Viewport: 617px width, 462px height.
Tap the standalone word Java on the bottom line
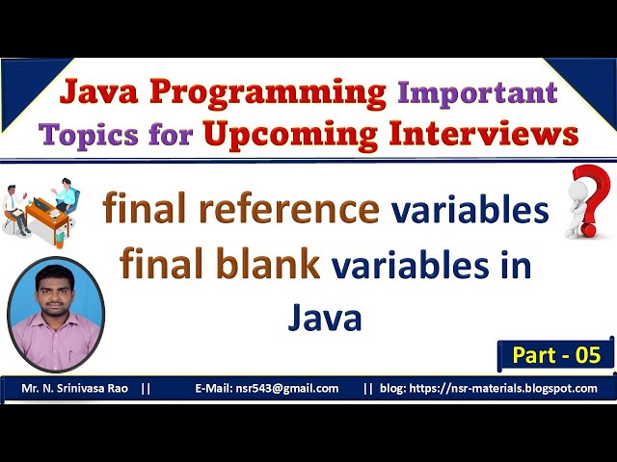pyautogui.click(x=325, y=317)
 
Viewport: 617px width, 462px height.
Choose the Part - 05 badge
pyautogui.click(x=555, y=355)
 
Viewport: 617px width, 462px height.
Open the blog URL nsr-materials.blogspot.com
pyautogui.click(x=516, y=389)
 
